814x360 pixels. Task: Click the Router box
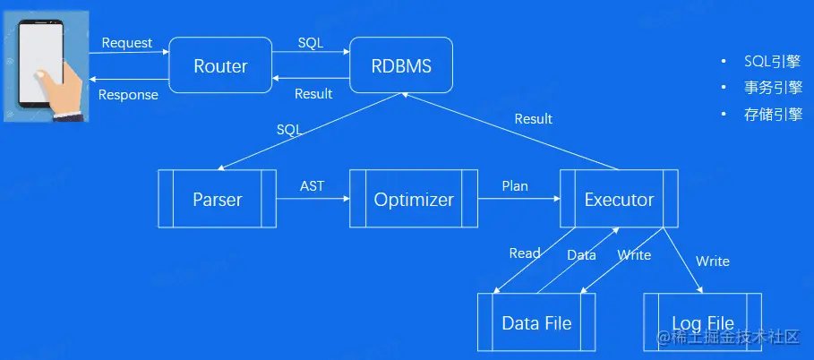[x=220, y=65]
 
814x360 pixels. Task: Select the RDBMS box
[x=400, y=65]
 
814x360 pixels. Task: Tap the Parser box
[x=217, y=199]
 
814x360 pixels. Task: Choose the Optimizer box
[x=413, y=199]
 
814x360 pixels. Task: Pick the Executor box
[x=619, y=199]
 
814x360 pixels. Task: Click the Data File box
[x=536, y=322]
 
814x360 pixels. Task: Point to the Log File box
[x=702, y=322]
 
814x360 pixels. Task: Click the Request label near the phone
[x=127, y=43]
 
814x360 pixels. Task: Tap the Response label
[x=128, y=95]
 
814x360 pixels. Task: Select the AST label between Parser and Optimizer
[x=313, y=186]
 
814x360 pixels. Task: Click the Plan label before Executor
[x=515, y=186]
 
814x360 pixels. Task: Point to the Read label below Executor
[x=525, y=253]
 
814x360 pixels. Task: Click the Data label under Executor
[x=581, y=255]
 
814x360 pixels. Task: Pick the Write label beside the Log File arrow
[x=713, y=261]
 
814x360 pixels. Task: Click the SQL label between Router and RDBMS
[x=311, y=43]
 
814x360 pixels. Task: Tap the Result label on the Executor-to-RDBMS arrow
[x=533, y=119]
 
